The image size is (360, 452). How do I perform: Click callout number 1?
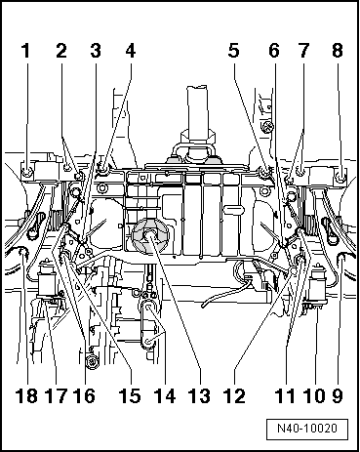point(27,48)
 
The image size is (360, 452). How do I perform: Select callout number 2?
point(61,48)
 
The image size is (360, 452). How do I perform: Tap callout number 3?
point(96,48)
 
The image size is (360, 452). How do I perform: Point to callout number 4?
point(130,48)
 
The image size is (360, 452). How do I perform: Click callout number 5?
point(234,48)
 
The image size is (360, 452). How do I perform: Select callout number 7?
point(303,48)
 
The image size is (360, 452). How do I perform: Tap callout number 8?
point(338,48)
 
